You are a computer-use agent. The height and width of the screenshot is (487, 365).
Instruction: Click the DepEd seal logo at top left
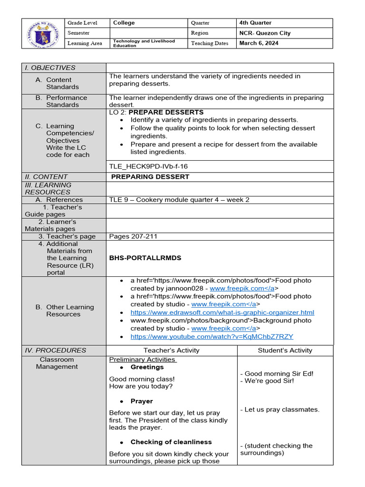pyautogui.click(x=42, y=33)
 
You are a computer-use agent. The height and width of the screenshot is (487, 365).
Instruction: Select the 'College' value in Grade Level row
pyautogui.click(x=124, y=23)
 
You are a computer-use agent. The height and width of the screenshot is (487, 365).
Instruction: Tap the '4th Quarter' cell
pyautogui.click(x=256, y=23)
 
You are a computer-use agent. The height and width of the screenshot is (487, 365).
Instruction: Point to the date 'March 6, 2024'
pyautogui.click(x=259, y=43)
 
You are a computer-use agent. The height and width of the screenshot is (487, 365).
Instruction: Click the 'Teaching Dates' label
pyautogui.click(x=210, y=43)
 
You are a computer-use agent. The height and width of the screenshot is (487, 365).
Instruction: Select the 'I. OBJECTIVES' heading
pyautogui.click(x=50, y=68)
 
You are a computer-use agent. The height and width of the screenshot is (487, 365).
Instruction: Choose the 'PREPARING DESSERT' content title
pyautogui.click(x=150, y=176)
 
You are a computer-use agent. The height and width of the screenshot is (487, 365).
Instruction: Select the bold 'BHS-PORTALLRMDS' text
pyautogui.click(x=145, y=258)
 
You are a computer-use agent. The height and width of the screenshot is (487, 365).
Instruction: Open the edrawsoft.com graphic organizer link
pyautogui.click(x=222, y=312)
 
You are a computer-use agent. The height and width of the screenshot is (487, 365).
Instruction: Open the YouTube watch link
pyautogui.click(x=211, y=336)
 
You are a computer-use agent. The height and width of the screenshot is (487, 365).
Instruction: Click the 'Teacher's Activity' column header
pyautogui.click(x=171, y=351)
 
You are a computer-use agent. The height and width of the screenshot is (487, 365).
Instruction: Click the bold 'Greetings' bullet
pyautogui.click(x=147, y=367)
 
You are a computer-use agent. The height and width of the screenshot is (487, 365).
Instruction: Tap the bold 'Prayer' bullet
pyautogui.click(x=142, y=401)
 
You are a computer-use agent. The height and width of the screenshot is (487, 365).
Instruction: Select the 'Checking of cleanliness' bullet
pyautogui.click(x=171, y=442)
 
